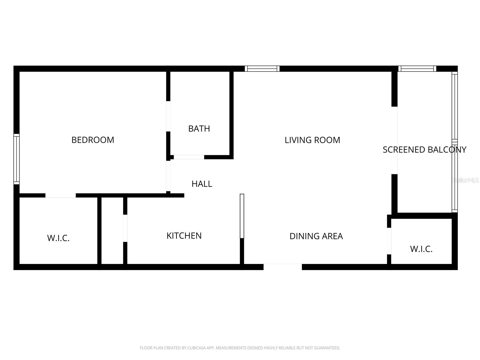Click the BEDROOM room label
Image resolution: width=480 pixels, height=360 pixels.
coord(93,140)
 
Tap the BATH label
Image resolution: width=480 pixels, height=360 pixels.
coord(199,128)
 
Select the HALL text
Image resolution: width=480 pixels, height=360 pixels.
coord(202,184)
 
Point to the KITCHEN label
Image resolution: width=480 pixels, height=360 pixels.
coord(184,235)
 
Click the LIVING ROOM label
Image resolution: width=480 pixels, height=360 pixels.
coord(312,140)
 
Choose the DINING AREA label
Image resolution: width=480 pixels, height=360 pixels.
coord(316,236)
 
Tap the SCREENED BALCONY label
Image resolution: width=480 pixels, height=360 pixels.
coord(424,149)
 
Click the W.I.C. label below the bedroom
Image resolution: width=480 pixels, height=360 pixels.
coord(58,238)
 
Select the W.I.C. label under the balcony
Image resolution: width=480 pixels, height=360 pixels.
coord(421,249)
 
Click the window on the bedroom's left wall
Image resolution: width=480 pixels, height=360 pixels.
coord(16,159)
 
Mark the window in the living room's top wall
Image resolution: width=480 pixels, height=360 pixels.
coord(262,69)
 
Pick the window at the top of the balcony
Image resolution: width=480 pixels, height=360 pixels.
coord(417,69)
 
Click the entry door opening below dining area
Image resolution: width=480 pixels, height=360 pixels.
coord(283,267)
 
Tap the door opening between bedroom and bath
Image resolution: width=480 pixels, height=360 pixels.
coord(168,116)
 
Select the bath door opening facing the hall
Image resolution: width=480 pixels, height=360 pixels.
coord(189,157)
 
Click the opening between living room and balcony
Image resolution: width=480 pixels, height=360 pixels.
coord(394,140)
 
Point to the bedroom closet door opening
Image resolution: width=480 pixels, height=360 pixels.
coord(60,195)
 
